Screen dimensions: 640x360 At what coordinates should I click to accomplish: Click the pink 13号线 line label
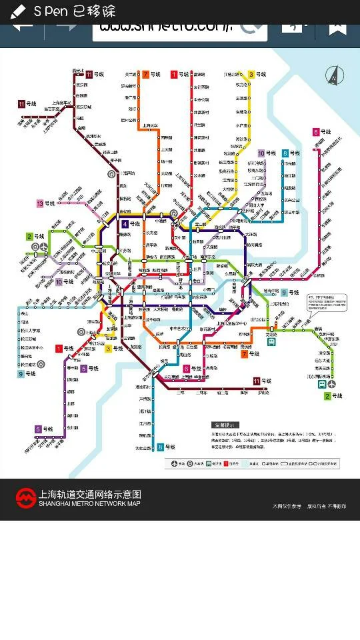[45, 203]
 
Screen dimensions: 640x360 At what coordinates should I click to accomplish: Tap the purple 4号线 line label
[131, 224]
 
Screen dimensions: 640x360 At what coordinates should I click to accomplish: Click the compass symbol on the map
[333, 75]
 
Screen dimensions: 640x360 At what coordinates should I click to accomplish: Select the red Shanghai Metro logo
[25, 498]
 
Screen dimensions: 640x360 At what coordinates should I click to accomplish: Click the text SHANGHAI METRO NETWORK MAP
[89, 503]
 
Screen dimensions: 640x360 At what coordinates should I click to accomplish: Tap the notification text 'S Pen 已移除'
[73, 11]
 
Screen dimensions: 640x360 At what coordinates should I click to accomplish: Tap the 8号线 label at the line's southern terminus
[165, 447]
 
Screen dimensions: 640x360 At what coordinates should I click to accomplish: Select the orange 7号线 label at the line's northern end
[151, 74]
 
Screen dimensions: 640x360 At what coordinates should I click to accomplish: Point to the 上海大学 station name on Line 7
[149, 125]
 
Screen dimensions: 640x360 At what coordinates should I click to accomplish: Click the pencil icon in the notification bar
[18, 11]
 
